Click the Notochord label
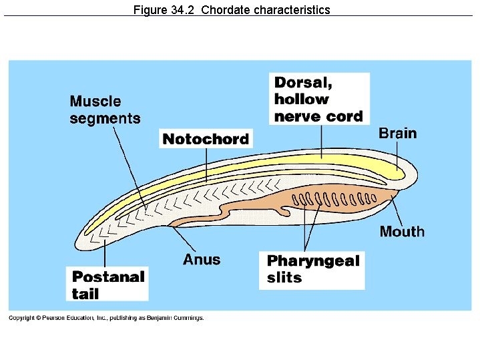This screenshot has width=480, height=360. point(206,139)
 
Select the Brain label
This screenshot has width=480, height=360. point(397,134)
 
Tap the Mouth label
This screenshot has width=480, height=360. point(402,232)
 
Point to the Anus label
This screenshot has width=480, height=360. point(201,259)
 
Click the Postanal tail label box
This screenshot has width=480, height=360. point(107,285)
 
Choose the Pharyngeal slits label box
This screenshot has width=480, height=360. point(312,269)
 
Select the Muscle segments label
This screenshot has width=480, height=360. point(105,110)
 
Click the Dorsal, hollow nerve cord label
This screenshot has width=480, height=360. point(319,99)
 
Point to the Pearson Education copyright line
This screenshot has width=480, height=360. point(105,318)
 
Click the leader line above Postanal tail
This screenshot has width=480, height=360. point(105,254)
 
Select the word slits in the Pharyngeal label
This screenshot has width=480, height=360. point(284,278)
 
